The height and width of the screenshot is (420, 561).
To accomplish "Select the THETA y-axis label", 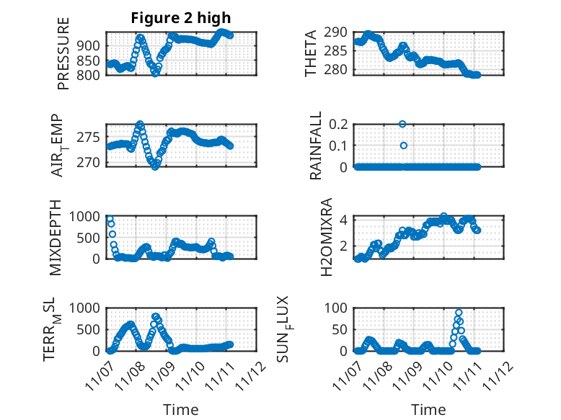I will coord(311,53).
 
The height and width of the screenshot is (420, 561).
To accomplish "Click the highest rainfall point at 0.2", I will coord(403,124).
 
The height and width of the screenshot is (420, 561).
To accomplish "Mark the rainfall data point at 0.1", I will coord(403,146).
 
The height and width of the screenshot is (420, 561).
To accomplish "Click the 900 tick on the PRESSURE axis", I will coord(92,46).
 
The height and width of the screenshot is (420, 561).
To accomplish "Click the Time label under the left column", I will coord(181,410).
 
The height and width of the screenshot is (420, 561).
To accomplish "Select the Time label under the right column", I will coord(429,410).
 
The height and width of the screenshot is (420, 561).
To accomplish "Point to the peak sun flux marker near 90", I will coord(459,313).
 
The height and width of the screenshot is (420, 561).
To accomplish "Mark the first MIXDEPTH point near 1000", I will coord(110,218).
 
